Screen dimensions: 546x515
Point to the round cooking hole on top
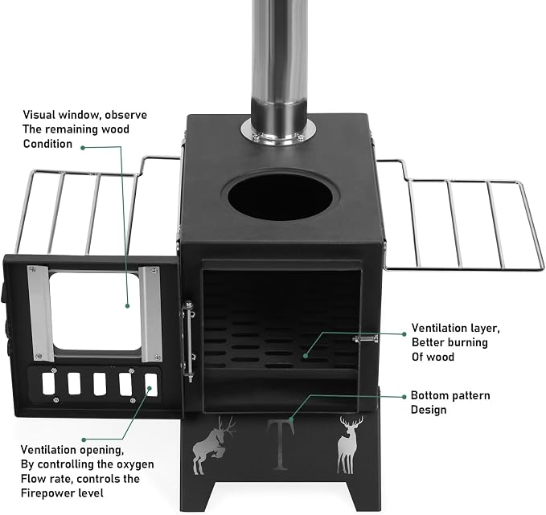(281, 197)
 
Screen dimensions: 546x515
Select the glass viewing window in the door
(96, 311)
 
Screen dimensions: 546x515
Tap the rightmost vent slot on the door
(151, 385)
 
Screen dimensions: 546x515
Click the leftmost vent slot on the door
(48, 384)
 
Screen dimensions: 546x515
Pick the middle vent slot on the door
(100, 384)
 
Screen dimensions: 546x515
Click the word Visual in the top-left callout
(39, 115)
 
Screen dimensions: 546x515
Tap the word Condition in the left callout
(47, 144)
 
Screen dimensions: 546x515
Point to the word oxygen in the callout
(135, 465)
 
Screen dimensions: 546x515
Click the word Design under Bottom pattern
(429, 410)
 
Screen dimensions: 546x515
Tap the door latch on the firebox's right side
(365, 338)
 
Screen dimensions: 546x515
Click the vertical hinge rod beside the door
(189, 341)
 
